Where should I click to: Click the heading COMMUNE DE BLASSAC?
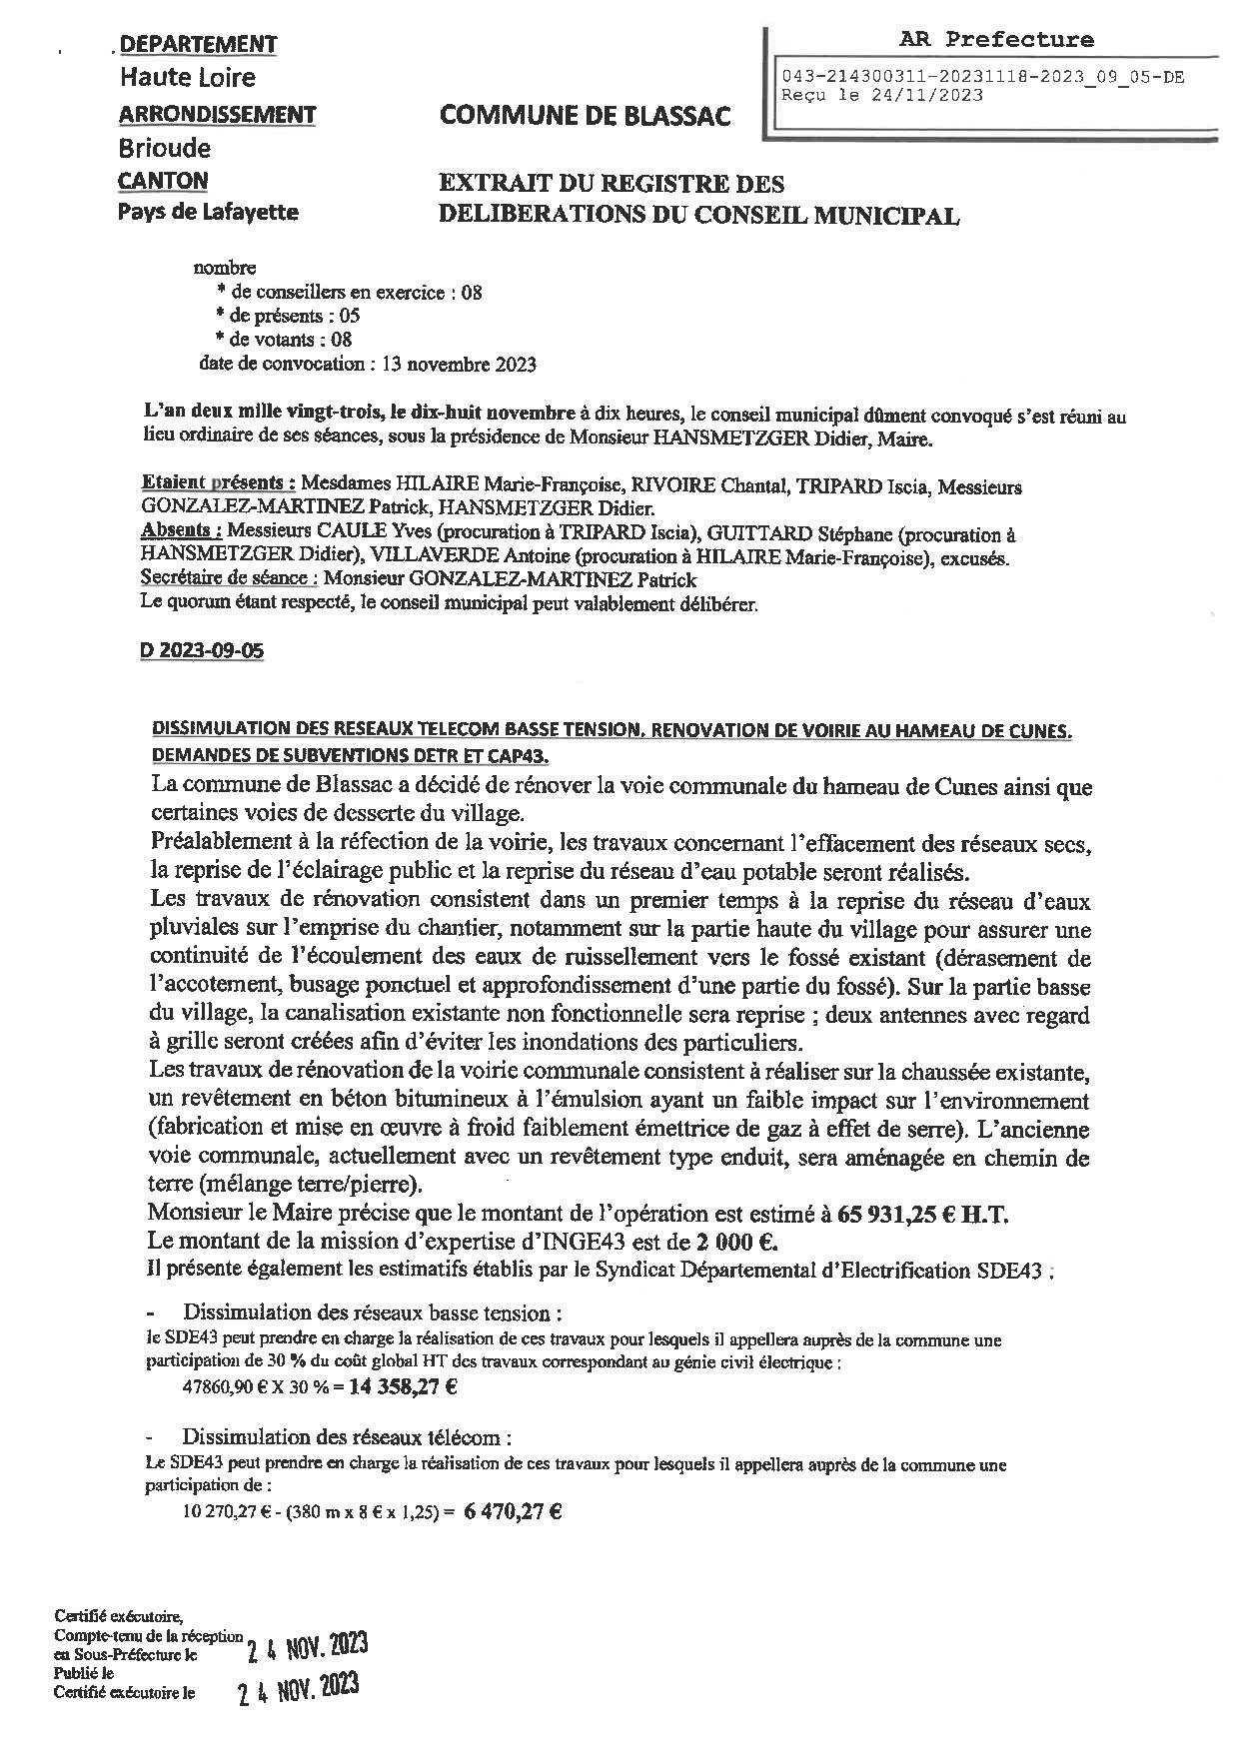click(585, 116)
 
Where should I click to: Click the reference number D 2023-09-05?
click(203, 650)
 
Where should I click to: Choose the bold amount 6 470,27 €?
click(513, 1511)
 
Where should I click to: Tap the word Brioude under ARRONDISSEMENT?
click(165, 149)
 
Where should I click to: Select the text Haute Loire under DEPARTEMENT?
click(188, 78)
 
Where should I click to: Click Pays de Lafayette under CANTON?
click(208, 212)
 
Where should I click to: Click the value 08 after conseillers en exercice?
click(472, 293)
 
